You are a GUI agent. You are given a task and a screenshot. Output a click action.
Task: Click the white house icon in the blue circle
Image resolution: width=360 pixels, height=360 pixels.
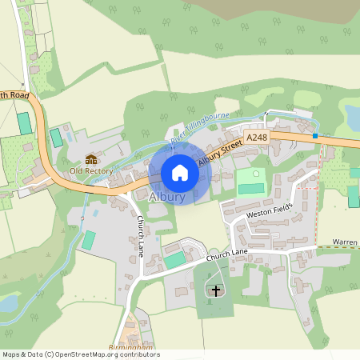pos(180,173)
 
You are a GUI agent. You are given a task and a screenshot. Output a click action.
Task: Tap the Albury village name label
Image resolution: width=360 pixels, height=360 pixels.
pos(167,197)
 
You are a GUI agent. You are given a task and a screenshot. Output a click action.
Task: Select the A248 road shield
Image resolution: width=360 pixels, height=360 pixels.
pos(257,138)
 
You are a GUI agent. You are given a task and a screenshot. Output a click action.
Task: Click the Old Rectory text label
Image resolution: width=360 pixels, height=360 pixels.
pos(91,170)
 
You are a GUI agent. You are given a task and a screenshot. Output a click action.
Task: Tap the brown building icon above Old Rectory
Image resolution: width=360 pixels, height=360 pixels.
pos(90,159)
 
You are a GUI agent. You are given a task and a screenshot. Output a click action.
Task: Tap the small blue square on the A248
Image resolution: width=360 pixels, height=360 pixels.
pos(316,136)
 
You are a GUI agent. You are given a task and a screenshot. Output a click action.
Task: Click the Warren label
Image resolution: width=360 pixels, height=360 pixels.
pos(345,241)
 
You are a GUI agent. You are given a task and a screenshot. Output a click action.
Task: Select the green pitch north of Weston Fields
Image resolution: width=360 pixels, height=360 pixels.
pos(250,189)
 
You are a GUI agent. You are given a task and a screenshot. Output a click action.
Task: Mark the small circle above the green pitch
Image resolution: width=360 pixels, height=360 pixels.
pos(256,173)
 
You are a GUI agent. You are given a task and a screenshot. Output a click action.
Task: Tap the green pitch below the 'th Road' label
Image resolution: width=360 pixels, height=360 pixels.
pos(25,123)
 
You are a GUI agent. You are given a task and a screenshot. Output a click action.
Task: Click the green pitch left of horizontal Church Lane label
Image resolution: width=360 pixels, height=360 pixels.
pos(174,260)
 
